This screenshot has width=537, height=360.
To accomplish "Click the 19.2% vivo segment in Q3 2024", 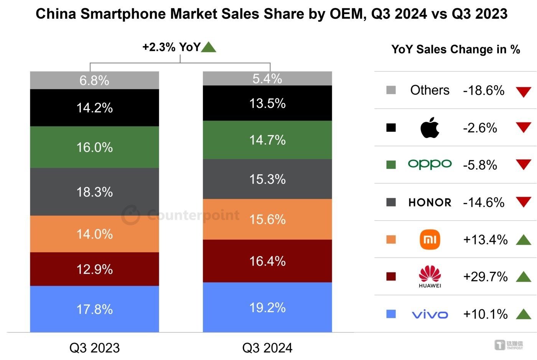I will click(x=267, y=307).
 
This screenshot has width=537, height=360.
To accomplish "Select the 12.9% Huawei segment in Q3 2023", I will click(x=94, y=269).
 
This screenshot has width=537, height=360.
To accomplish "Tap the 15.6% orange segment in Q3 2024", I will click(x=267, y=219).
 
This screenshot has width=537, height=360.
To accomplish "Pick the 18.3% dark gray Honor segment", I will click(x=94, y=192).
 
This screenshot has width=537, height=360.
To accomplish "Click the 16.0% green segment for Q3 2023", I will click(x=94, y=147).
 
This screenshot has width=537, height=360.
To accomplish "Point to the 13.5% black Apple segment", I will click(x=267, y=103).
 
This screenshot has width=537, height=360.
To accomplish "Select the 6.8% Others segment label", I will click(x=94, y=81).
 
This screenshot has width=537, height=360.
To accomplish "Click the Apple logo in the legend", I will click(x=430, y=127).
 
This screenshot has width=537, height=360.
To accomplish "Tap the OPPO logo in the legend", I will click(x=430, y=164).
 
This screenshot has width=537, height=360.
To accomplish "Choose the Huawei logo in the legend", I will click(x=430, y=276).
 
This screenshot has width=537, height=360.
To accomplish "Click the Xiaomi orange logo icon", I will click(x=430, y=239).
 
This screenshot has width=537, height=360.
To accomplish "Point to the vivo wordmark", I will click(x=430, y=315).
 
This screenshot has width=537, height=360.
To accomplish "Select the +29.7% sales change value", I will click(x=485, y=276).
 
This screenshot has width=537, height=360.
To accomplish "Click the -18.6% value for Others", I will click(x=484, y=91).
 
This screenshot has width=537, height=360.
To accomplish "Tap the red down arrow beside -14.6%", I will click(x=524, y=201).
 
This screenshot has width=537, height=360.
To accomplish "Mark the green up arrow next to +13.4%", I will click(x=524, y=240).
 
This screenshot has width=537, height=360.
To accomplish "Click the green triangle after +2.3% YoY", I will click(x=208, y=47).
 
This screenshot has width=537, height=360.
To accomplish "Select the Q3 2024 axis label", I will click(x=267, y=348).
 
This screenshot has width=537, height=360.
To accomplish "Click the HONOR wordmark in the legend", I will click(x=430, y=202).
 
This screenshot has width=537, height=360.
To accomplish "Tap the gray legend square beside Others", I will click(x=391, y=90).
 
